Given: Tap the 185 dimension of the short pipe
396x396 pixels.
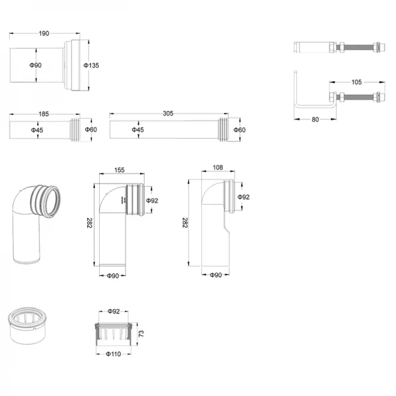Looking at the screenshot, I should tap(44, 114).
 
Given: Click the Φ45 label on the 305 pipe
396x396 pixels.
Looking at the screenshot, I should tap(138, 130).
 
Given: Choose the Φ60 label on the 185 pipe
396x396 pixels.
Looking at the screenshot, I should tap(91, 130).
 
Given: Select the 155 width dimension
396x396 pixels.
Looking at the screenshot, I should tap(119, 170).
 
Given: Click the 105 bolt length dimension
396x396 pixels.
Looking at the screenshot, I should tap(356, 82).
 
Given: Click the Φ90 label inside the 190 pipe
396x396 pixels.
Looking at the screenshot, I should tap(37, 65).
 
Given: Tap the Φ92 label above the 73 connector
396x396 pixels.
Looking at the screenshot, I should tap(113, 311).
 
